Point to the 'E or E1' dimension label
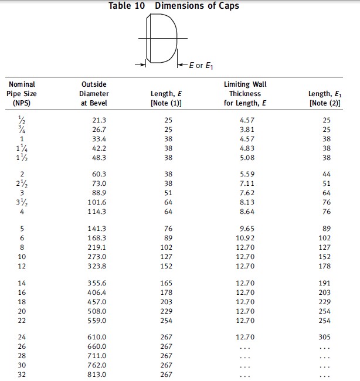coord(202,65)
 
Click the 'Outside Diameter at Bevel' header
coord(94,94)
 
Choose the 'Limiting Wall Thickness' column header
coord(245,94)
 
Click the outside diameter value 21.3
coord(94,120)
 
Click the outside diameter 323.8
coord(94,266)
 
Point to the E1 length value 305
coord(325,337)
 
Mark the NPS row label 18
coord(22,301)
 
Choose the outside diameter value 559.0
coord(94,320)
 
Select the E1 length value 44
coord(327,175)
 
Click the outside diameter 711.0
coord(94,355)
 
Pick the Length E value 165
coord(167,283)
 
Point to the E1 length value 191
coord(325,283)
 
